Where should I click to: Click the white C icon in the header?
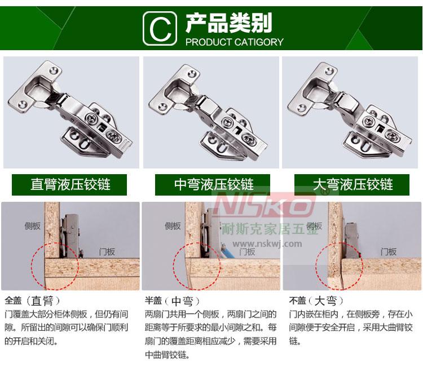(160, 28)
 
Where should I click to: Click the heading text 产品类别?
(229, 23)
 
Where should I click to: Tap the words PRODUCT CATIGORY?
(235, 42)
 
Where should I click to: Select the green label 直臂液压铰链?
(69, 185)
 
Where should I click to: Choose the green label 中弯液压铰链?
(213, 185)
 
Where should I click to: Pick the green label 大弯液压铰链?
(352, 185)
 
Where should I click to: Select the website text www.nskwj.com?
(267, 244)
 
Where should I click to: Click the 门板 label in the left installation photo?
(107, 252)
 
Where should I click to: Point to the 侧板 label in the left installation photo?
(33, 226)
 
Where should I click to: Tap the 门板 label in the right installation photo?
(389, 252)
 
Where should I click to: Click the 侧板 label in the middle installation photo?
(173, 226)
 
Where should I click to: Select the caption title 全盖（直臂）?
(32, 300)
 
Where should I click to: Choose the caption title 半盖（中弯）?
(173, 300)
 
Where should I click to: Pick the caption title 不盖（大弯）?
(316, 300)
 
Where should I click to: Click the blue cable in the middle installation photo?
(227, 251)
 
